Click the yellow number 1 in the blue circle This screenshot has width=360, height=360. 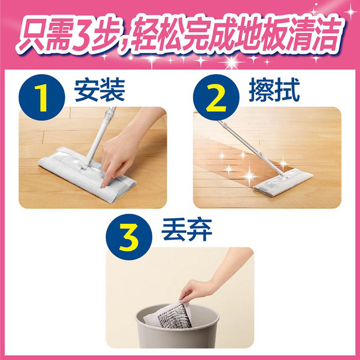click(x=42, y=98)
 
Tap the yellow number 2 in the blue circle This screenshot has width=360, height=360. click(x=216, y=98)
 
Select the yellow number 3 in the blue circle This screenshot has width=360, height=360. click(x=129, y=237)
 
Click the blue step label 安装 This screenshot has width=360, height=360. click(x=100, y=89)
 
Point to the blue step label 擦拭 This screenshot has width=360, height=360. click(x=274, y=89)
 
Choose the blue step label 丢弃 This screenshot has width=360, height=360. click(x=187, y=229)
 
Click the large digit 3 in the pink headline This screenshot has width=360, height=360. click(x=81, y=33)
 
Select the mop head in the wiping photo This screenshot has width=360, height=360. click(x=282, y=182)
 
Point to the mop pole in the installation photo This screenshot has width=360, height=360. click(x=98, y=137)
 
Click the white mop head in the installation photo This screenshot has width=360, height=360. click(x=87, y=175)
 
